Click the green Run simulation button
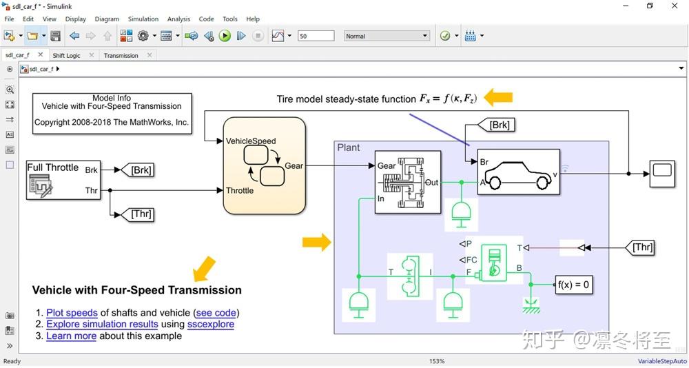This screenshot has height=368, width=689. tap(225, 36)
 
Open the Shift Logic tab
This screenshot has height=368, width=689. tap(67, 55)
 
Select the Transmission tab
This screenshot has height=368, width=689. tap(121, 55)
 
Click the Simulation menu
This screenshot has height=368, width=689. tap(143, 19)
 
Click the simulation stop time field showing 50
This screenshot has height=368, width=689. tap(316, 36)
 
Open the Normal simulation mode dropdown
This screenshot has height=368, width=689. tap(387, 36)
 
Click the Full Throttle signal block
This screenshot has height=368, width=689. tap(63, 180)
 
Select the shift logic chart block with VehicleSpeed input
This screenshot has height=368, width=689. tap(264, 165)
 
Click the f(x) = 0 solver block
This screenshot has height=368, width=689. tap(573, 284)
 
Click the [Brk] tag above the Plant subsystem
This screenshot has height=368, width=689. tap(498, 125)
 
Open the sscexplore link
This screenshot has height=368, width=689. tap(210, 324)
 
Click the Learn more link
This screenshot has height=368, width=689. tap(71, 336)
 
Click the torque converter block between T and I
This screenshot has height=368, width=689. tap(409, 276)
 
